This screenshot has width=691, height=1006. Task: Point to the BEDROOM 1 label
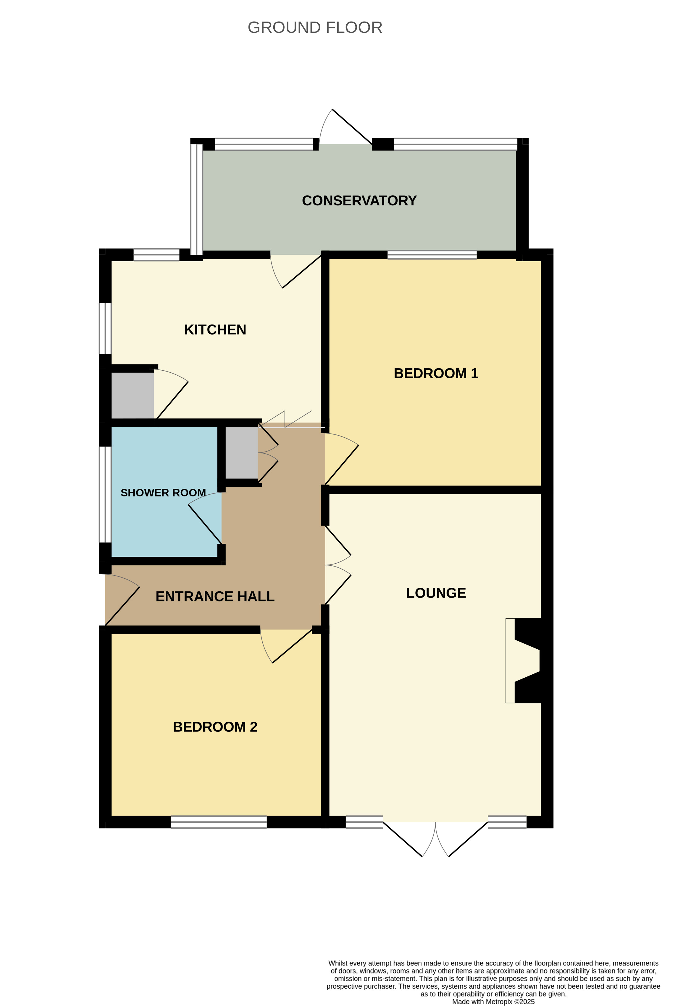pyautogui.click(x=436, y=373)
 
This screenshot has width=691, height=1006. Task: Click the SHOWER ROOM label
pyautogui.click(x=163, y=493)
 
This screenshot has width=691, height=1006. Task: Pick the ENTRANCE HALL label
pyautogui.click(x=215, y=596)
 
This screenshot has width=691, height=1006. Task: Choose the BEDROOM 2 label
pyautogui.click(x=215, y=726)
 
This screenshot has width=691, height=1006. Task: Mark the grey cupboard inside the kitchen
pyautogui.click(x=133, y=395)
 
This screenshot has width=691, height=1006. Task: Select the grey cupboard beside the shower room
pyautogui.click(x=242, y=453)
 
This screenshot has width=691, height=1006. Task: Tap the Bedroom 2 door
pyautogui.click(x=286, y=646)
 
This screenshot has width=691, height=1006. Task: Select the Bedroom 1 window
pyautogui.click(x=432, y=254)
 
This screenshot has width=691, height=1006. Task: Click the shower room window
pyautogui.click(x=105, y=494)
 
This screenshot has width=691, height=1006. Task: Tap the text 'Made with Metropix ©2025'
pyautogui.click(x=493, y=1002)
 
